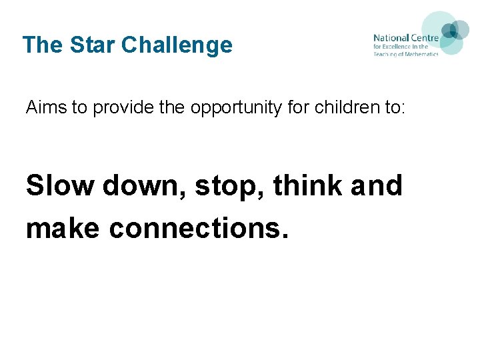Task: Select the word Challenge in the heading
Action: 177,45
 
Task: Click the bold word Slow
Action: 59,185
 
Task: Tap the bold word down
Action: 144,185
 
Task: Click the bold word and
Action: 377,185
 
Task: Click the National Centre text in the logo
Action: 405,39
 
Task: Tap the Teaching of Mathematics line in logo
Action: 405,55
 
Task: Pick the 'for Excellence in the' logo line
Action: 401,47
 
